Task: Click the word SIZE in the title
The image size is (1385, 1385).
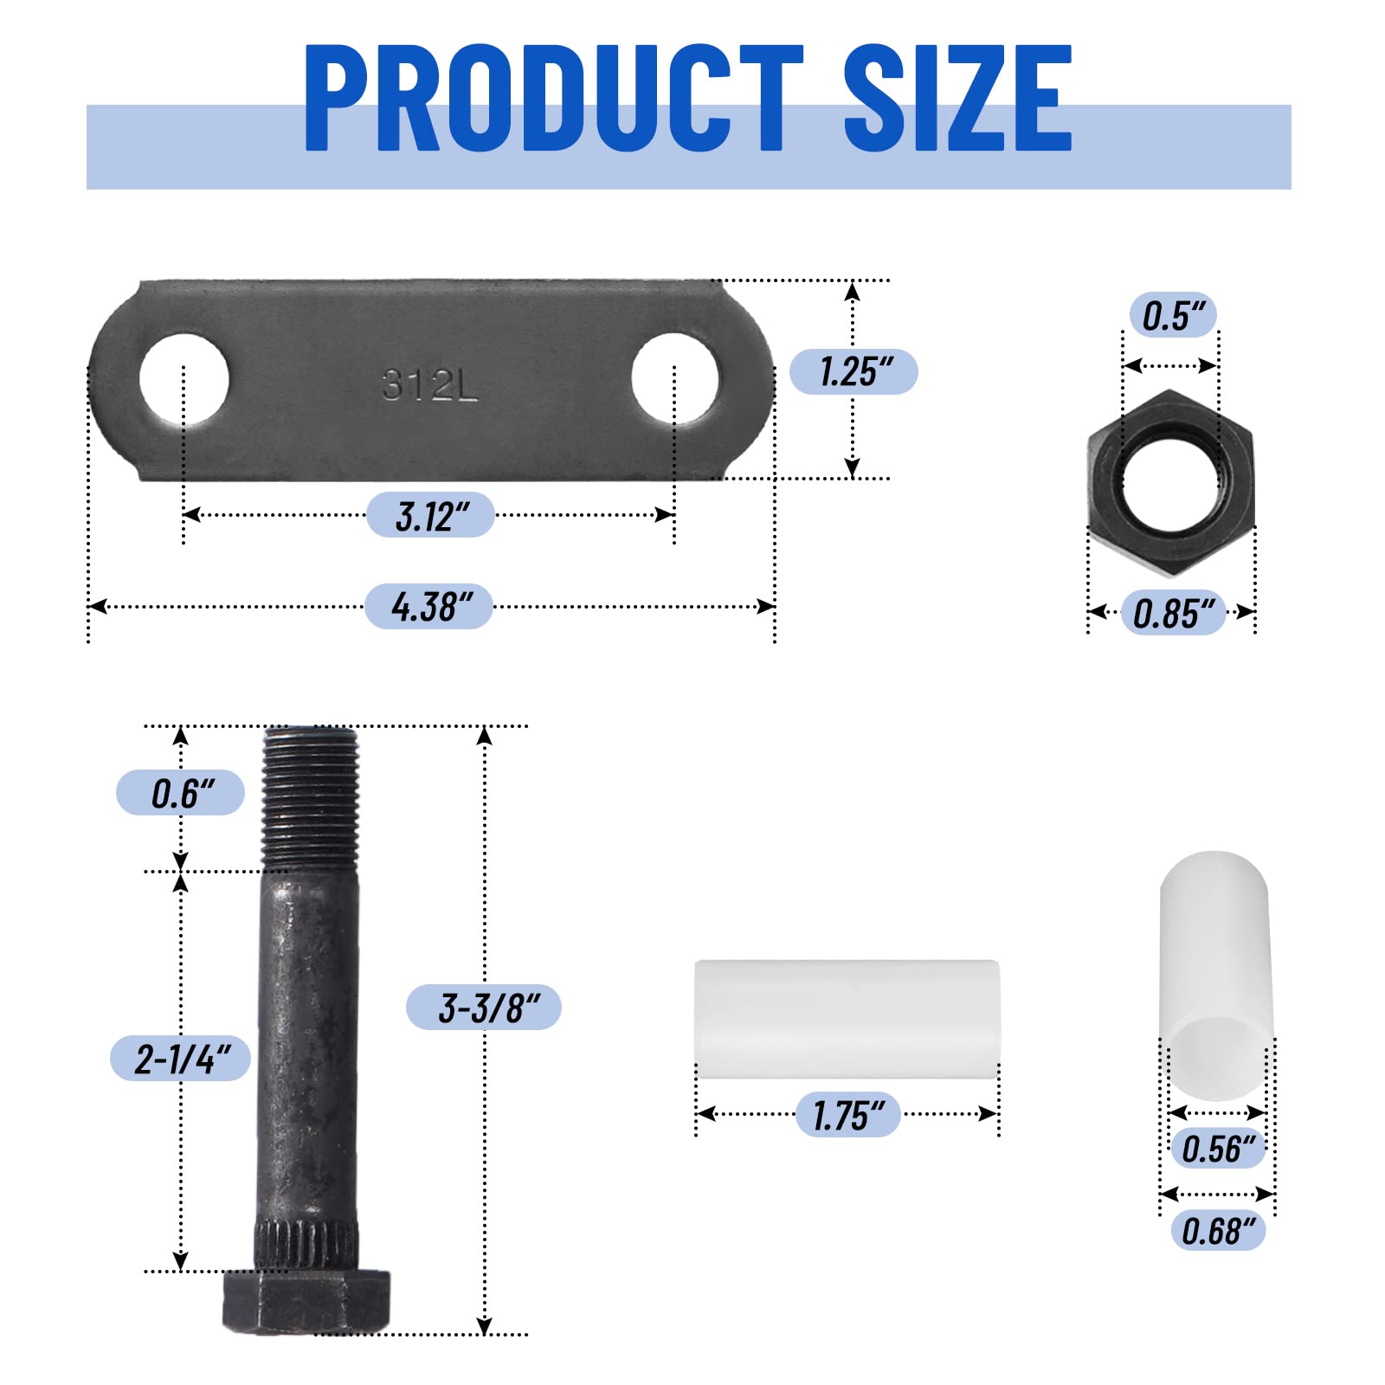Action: point(957,97)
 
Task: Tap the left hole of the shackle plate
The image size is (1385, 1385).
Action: point(184,379)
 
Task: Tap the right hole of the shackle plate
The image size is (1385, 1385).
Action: point(675,378)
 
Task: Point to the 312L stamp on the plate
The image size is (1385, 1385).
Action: point(429,385)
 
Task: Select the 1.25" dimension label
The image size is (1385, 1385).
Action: point(854,372)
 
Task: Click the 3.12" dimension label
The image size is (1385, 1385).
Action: point(430,516)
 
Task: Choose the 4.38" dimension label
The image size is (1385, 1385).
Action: point(429,607)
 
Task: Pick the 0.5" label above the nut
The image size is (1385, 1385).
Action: point(1173,315)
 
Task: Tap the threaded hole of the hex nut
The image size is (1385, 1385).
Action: point(1170,485)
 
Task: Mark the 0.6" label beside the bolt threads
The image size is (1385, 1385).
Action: point(180,793)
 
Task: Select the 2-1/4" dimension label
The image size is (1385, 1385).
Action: point(180,1059)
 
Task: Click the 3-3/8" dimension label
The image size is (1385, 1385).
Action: point(484,1008)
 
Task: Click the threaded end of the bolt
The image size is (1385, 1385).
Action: point(310,796)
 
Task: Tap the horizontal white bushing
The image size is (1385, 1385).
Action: point(847,1019)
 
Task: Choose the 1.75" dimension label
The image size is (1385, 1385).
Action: point(848,1115)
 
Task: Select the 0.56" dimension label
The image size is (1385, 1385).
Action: point(1217,1149)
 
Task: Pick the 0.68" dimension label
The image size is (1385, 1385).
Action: point(1217,1230)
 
